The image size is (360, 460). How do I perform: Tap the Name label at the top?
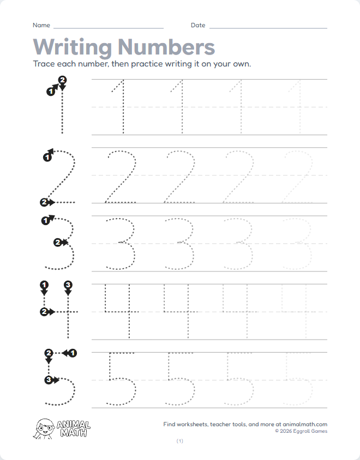tap(41, 26)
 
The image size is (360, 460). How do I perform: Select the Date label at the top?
tap(198, 26)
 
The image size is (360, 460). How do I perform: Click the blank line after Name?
tap(109, 27)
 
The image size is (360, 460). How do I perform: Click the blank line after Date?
tap(268, 27)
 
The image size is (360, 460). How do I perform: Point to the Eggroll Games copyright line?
tap(301, 431)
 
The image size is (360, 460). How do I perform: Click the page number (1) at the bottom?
tap(180, 441)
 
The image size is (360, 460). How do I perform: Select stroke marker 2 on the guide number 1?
tap(62, 80)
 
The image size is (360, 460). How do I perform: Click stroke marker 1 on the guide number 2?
tap(46, 157)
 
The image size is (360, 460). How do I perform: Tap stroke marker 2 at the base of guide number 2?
tap(44, 202)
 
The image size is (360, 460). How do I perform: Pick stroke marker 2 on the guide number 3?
tap(57, 243)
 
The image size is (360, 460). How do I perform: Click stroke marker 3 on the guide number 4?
tap(68, 285)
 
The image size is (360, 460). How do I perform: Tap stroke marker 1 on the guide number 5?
tap(73, 353)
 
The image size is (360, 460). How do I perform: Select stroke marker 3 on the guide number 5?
tap(49, 379)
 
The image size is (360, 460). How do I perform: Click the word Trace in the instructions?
tap(44, 64)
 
